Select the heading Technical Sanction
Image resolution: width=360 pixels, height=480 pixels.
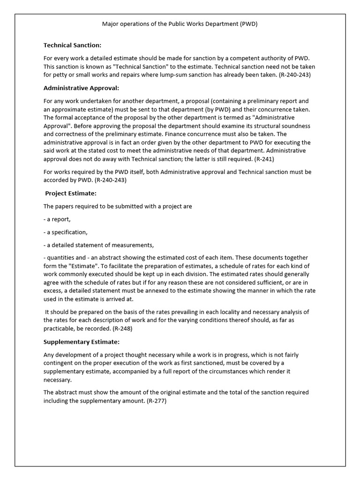72,45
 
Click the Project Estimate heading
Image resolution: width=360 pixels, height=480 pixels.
71,193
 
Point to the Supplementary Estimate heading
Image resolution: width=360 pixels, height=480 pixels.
82,342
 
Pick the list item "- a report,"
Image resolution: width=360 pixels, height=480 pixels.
57,219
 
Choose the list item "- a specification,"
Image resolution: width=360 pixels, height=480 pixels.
65,232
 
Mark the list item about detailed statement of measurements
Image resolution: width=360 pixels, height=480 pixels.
98,245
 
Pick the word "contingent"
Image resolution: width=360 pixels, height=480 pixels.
59,363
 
